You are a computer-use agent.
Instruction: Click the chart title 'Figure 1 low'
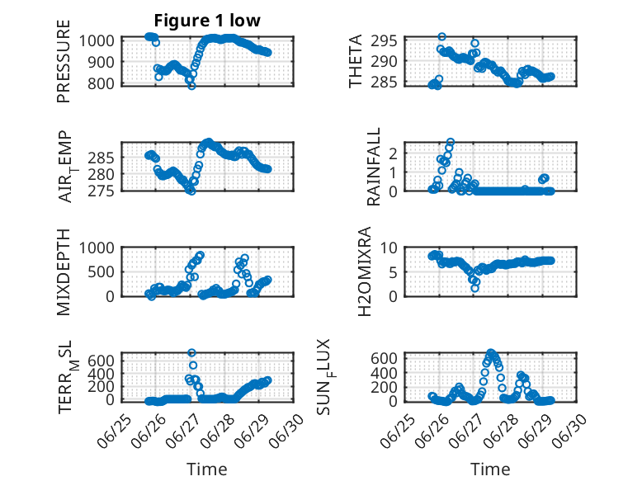tap(207, 21)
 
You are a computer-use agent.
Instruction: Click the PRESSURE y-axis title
tap(64, 61)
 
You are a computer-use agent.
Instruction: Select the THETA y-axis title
tap(356, 61)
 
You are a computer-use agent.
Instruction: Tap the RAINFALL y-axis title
tap(374, 167)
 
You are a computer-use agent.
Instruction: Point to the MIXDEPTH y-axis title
tap(64, 271)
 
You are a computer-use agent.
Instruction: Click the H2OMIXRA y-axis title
tap(364, 271)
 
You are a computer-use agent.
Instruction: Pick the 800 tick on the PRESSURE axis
tap(101, 83)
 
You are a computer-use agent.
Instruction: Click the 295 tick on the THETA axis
tap(385, 41)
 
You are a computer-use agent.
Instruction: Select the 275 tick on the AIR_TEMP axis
tap(101, 191)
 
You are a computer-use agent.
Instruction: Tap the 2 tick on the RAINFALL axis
tap(394, 153)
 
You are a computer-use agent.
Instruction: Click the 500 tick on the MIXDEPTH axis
tap(101, 271)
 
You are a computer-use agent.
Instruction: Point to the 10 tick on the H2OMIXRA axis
tap(389, 248)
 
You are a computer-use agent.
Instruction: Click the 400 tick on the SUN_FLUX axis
tap(385, 373)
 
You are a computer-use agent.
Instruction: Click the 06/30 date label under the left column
tap(286, 431)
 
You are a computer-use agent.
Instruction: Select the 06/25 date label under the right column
tap(397, 431)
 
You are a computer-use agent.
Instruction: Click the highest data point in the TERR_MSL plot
tap(191, 352)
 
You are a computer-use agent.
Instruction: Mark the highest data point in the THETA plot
tap(441, 37)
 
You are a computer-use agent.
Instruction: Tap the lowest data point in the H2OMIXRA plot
tap(474, 288)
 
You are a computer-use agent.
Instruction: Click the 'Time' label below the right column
tap(490, 469)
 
